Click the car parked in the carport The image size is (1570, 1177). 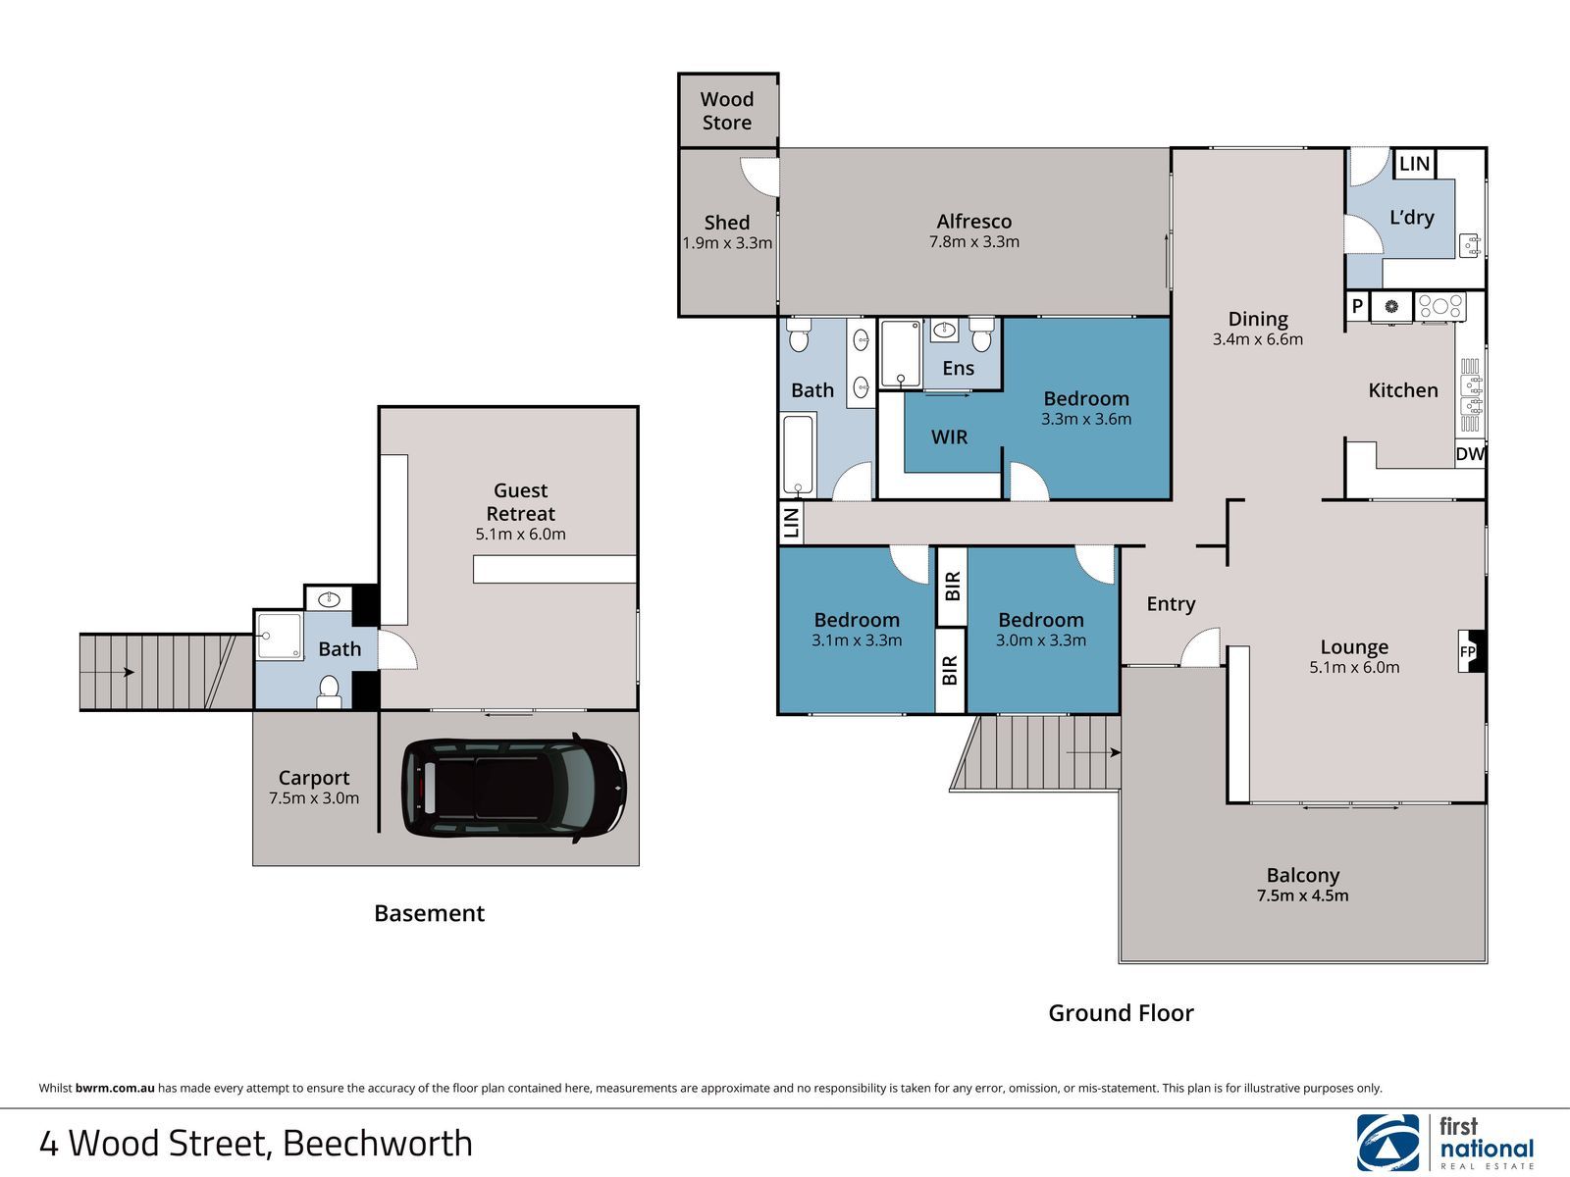(513, 787)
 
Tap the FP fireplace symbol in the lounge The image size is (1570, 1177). (1471, 651)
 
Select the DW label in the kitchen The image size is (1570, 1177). (1470, 454)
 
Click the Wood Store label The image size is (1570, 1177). (727, 111)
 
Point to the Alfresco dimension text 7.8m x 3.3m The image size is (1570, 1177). (974, 241)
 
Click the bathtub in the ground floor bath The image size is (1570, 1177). (798, 454)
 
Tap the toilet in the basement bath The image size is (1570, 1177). (329, 691)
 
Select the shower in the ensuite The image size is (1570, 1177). (901, 354)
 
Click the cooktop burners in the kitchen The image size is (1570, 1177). (1440, 307)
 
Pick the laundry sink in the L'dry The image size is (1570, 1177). (1470, 246)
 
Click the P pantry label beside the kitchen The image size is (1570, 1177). (1357, 307)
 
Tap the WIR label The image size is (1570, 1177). (949, 436)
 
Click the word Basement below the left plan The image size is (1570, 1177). (429, 913)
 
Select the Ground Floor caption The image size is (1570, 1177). (1121, 1012)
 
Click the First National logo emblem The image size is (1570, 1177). (1388, 1143)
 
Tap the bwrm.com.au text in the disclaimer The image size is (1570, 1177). (115, 1089)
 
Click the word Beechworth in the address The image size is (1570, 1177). (378, 1144)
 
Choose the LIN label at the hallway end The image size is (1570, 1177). (790, 523)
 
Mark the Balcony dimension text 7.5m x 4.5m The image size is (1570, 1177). (1302, 896)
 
